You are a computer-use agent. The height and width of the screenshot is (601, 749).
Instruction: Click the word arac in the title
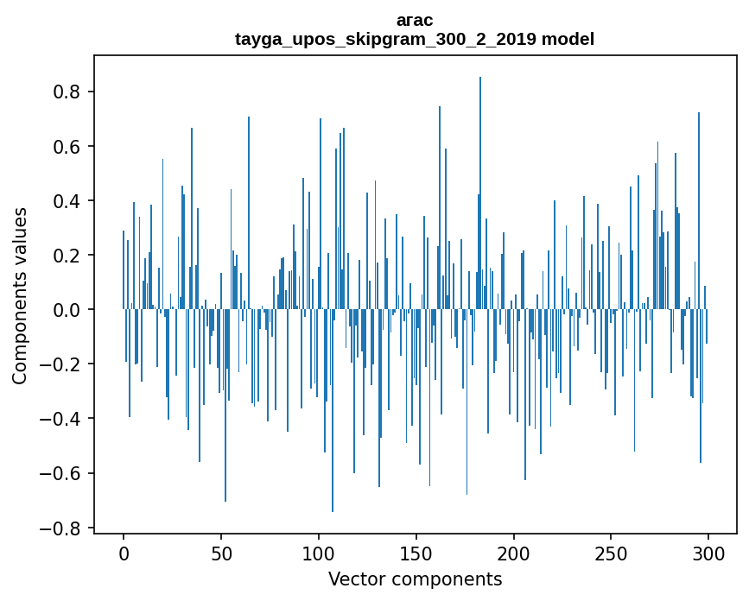[x=415, y=20]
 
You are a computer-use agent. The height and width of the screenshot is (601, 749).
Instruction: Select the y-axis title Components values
[x=20, y=295]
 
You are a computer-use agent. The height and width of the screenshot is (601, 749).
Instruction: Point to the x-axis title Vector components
[x=415, y=579]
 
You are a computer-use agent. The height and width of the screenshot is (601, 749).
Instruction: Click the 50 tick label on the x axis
[x=221, y=552]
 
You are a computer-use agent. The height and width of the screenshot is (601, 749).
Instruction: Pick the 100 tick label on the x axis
[x=319, y=552]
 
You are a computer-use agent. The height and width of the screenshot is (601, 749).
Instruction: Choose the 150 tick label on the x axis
[x=416, y=552]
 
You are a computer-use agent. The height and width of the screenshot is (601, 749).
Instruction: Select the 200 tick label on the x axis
[x=514, y=552]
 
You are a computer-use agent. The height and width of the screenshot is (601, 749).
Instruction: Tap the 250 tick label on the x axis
[x=612, y=552]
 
